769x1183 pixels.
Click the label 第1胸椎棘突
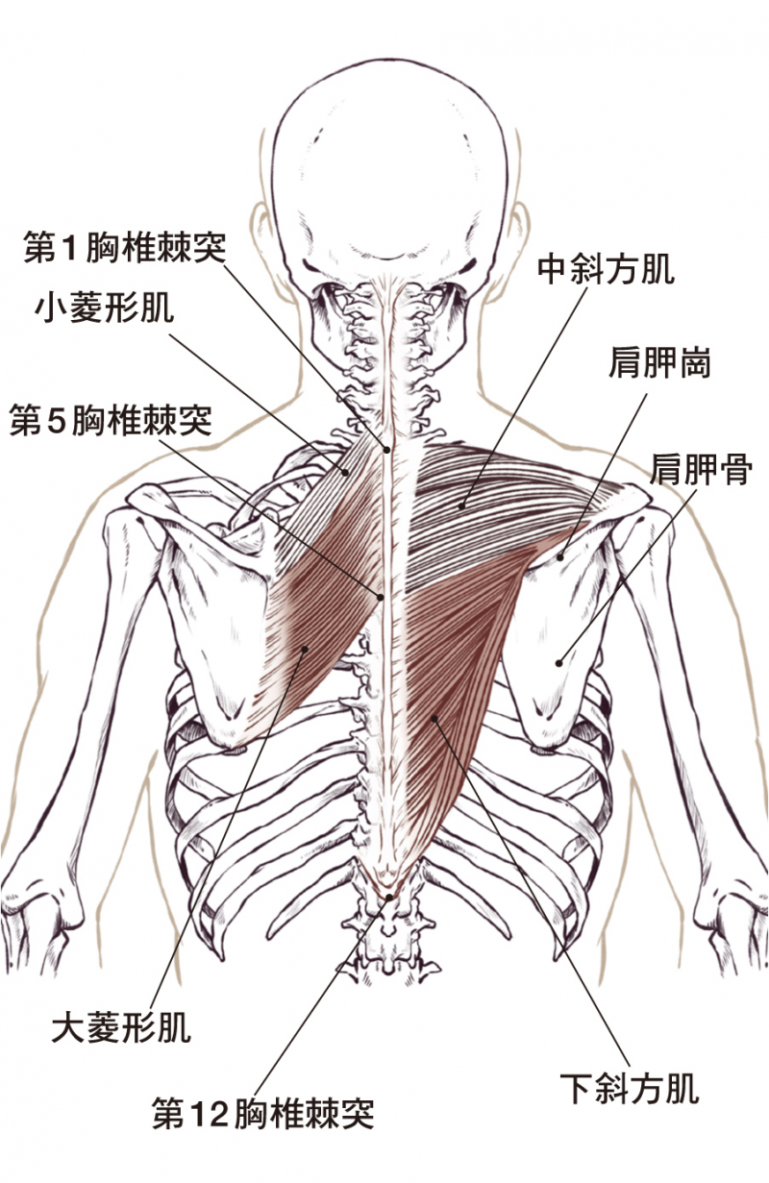coord(125,249)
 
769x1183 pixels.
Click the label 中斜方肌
coord(606,269)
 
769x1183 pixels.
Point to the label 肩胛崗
coord(658,363)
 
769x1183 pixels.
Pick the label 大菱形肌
coord(121,1028)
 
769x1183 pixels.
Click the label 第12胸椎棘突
coord(262,1114)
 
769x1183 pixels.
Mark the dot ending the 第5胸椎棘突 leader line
coord(381,596)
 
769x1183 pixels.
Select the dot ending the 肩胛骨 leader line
coord(558,660)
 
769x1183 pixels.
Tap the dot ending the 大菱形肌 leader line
coord(304,649)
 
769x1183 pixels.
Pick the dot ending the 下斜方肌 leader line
coord(434,717)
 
